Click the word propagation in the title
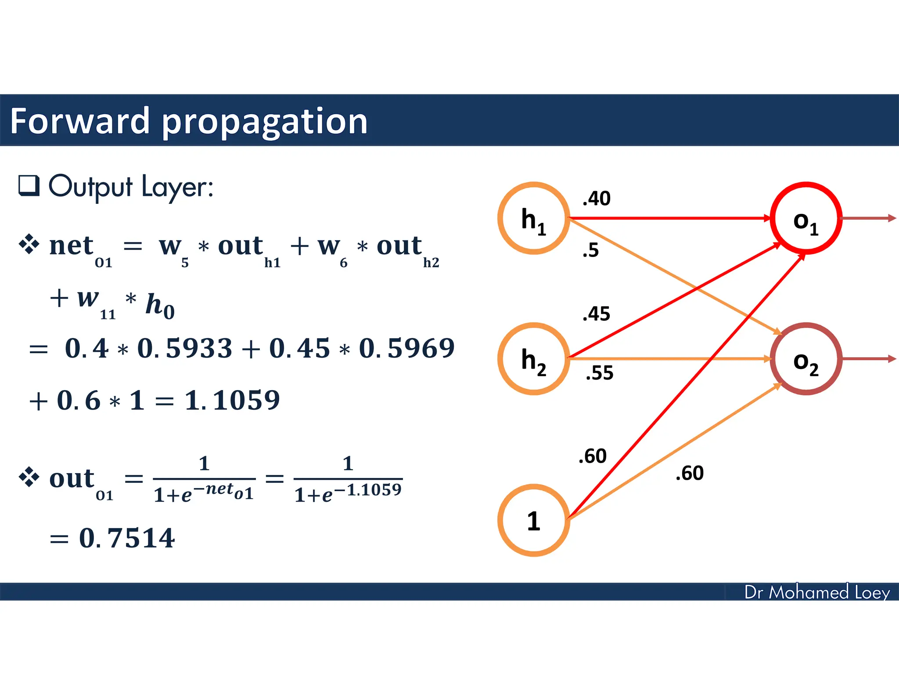[265, 122]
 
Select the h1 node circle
[533, 218]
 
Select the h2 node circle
[533, 359]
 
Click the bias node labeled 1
[533, 521]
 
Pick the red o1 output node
[806, 218]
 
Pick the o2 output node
[806, 359]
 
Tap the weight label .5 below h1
[590, 250]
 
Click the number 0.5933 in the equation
[184, 348]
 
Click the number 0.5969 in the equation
[406, 348]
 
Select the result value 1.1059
[232, 400]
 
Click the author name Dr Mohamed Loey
[817, 592]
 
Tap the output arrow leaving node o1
[868, 218]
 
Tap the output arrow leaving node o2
[868, 359]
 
